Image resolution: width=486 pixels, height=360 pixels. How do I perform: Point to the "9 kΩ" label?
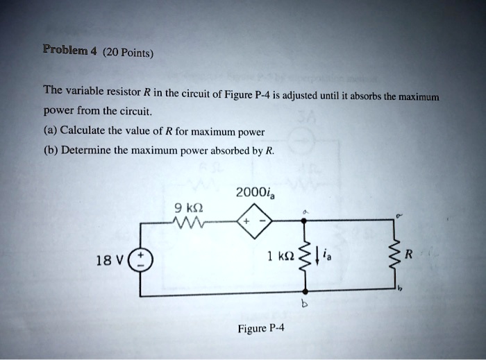tap(189, 206)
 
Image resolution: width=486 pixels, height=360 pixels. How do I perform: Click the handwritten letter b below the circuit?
tap(304, 304)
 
